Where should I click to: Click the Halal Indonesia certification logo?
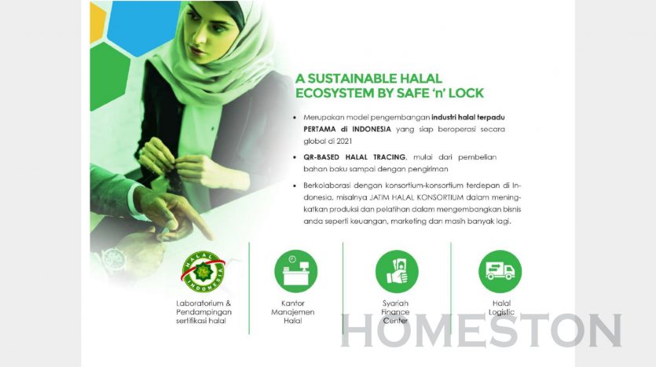[x=203, y=272]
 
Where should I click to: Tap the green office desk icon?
[x=295, y=271]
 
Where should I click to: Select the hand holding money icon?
[x=397, y=271]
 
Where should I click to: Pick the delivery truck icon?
[x=500, y=271]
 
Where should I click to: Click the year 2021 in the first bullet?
[x=343, y=141]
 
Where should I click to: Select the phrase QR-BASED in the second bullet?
[x=322, y=157]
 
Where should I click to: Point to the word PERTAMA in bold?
[x=320, y=130]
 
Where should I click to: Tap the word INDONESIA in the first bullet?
[x=372, y=130]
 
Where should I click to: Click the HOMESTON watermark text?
[x=481, y=331]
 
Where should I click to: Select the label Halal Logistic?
[x=501, y=307]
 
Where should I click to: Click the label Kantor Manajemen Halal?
[x=293, y=312]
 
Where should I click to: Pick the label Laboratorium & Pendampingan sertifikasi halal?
[x=203, y=312]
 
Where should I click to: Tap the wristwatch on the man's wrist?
[x=114, y=259]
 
